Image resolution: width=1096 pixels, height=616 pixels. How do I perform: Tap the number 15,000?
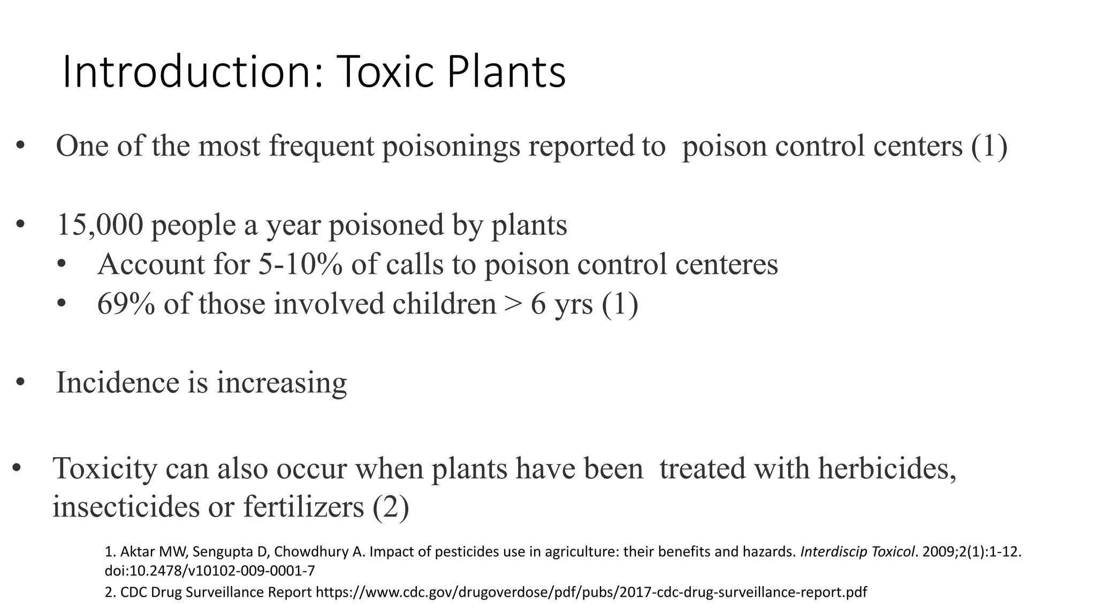[x=100, y=225]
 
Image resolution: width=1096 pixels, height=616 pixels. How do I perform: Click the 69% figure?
[x=126, y=304]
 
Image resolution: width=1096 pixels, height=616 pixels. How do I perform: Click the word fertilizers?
[x=303, y=506]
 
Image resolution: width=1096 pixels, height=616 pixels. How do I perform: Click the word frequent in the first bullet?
[x=321, y=146]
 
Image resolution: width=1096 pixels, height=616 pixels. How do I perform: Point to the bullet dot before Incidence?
[x=20, y=383]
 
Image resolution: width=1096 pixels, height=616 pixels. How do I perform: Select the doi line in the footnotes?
[x=210, y=571]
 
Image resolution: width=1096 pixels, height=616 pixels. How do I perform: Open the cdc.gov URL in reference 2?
[x=591, y=592]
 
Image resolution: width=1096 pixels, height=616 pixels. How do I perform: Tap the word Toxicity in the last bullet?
[x=105, y=468]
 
